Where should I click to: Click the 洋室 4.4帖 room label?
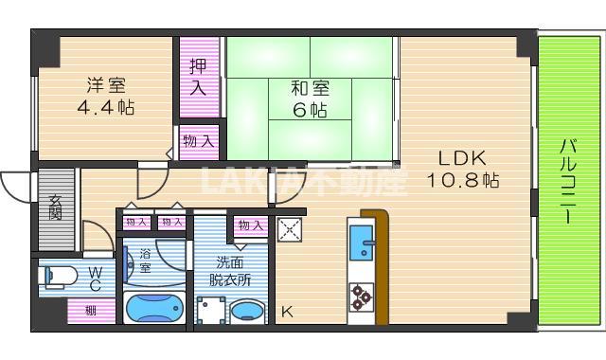(x=105, y=96)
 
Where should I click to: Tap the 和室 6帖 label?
(x=309, y=99)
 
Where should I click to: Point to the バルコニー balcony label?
(x=569, y=180)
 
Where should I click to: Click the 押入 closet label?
(x=198, y=78)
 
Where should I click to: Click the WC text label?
(x=96, y=279)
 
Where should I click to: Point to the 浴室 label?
(x=146, y=261)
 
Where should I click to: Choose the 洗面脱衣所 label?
(x=233, y=271)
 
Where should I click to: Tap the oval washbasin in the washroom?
(x=249, y=312)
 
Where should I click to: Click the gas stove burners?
(x=361, y=297)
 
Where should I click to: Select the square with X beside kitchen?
(x=290, y=228)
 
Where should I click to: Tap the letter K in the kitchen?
(x=287, y=311)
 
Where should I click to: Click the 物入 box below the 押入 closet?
(x=200, y=141)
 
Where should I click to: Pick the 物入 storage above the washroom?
(x=250, y=225)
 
